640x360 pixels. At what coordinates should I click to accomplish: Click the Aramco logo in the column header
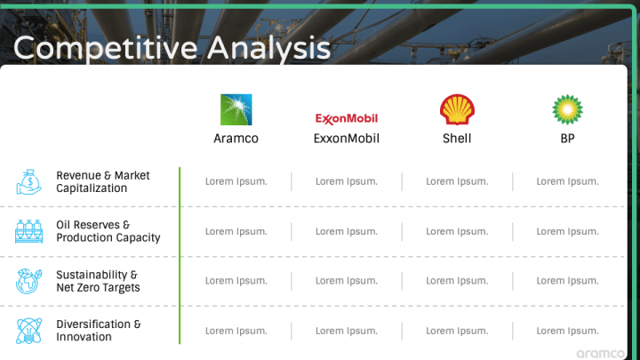point(236,109)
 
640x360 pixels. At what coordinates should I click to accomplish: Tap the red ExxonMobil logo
point(347,118)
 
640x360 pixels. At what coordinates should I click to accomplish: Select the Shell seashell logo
point(457,109)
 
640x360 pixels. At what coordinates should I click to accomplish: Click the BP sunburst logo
point(567,109)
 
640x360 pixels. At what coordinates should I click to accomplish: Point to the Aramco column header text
point(236,139)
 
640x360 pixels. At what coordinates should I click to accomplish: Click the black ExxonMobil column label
point(347,139)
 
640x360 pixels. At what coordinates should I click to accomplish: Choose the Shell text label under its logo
point(457,139)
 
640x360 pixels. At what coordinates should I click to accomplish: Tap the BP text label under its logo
point(567,139)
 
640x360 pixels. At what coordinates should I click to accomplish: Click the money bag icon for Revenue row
point(28,181)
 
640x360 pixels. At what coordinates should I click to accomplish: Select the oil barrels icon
point(28,231)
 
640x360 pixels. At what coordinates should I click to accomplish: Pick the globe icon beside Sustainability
point(28,281)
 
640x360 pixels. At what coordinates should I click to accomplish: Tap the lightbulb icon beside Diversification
point(28,331)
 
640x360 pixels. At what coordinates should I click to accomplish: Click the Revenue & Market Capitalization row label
point(103,181)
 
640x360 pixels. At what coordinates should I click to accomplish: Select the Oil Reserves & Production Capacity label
point(108,231)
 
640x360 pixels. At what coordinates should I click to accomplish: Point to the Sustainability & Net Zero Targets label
point(98,281)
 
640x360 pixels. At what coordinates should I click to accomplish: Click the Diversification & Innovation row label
point(98,331)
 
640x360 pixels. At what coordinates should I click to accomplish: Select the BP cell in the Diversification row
point(567,331)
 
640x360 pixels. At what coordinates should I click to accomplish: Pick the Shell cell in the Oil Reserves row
point(457,231)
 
